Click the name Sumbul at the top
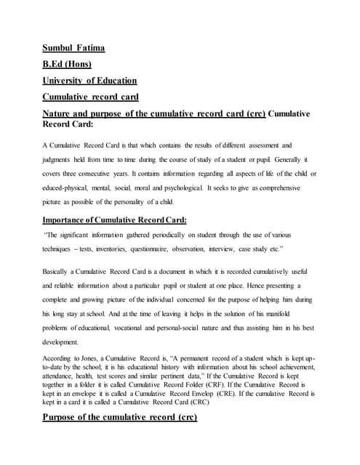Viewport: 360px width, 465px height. (x=59, y=49)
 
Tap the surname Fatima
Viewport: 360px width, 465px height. (x=91, y=49)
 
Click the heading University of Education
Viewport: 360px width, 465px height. (x=89, y=81)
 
